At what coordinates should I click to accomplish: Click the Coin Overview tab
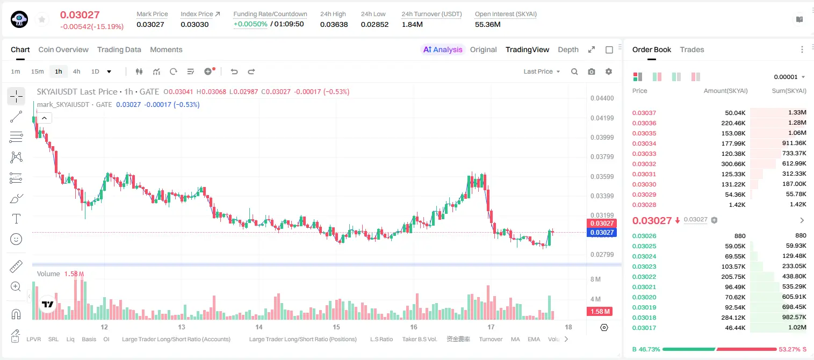point(63,49)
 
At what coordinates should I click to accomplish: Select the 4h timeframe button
point(76,71)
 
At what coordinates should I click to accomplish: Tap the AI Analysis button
point(443,49)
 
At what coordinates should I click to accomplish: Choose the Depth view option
point(568,49)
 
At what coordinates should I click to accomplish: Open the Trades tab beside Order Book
point(691,49)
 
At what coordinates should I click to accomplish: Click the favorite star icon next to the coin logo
point(42,19)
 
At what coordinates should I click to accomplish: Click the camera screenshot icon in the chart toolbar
point(591,71)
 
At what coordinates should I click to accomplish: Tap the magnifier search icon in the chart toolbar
point(574,71)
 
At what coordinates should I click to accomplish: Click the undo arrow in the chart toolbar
point(234,71)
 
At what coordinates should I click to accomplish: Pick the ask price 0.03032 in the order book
point(644,164)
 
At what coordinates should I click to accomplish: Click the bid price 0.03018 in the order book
point(644,318)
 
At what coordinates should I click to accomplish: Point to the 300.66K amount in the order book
point(733,164)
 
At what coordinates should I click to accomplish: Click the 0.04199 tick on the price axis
point(602,118)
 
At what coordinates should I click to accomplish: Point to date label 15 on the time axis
point(336,327)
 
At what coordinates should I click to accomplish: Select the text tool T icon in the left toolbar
point(16,219)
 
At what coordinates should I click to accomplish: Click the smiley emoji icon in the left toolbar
point(16,239)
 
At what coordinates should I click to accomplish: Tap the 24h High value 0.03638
point(334,24)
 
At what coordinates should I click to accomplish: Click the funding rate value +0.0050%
point(250,24)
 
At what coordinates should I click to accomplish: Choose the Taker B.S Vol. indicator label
point(419,339)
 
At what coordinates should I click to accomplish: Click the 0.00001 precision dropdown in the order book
point(789,77)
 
